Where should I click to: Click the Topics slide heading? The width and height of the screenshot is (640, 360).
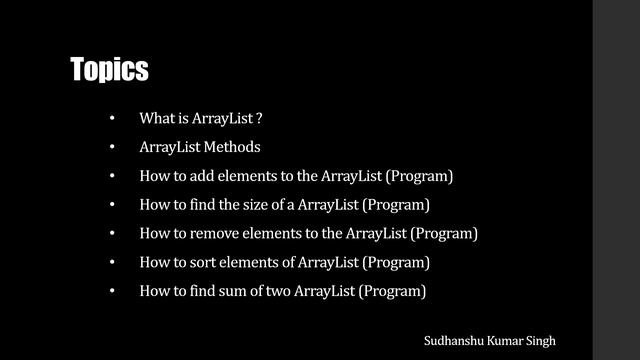tap(109, 69)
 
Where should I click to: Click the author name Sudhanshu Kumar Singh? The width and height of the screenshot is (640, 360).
tap(490, 340)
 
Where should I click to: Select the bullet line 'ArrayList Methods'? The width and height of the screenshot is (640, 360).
tap(200, 147)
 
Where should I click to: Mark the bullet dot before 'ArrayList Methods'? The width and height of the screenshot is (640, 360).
tap(113, 147)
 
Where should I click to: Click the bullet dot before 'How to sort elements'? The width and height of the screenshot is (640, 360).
tap(113, 263)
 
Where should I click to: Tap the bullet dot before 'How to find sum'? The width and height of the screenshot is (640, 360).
tap(113, 292)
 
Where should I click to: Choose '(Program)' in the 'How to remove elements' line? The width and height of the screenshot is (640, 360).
tap(444, 234)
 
